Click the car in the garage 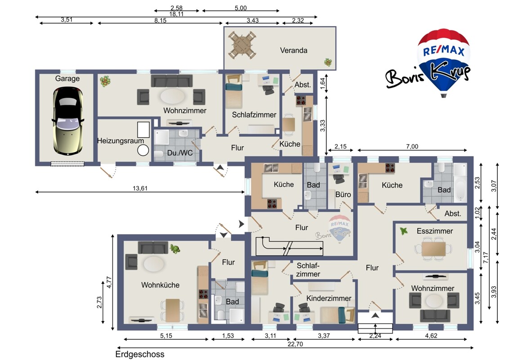pos(67,121)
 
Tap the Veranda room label pos(294,50)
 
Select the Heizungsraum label pos(121,141)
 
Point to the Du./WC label pos(180,153)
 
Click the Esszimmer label pos(435,231)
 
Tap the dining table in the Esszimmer pos(434,249)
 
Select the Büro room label pos(343,194)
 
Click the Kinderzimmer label pos(329,298)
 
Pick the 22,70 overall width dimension pos(295,344)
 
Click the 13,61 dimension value pos(140,188)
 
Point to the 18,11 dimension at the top pos(176,14)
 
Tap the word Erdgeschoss pos(140,354)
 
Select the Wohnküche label pos(161,285)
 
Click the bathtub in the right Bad pos(460,183)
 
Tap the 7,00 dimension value pos(412,147)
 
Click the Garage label pos(67,79)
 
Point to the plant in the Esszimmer pos(403,231)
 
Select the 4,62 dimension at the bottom pos(431,336)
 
